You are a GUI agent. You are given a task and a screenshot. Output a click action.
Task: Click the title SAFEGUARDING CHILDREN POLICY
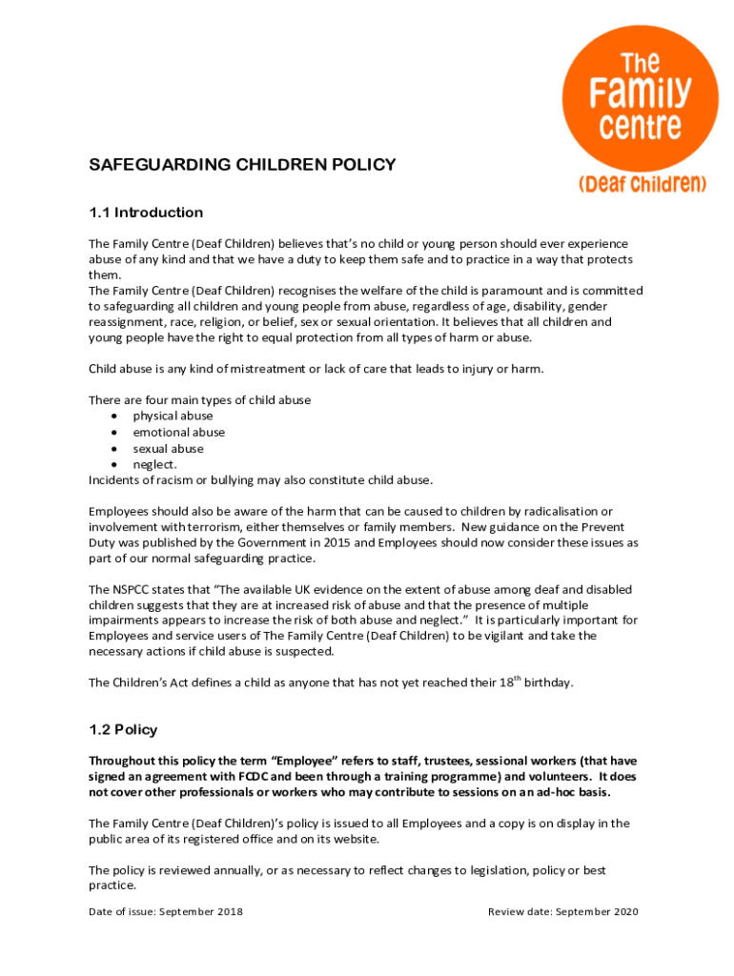[x=242, y=165]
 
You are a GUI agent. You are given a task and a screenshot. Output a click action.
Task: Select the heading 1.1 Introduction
[x=146, y=213]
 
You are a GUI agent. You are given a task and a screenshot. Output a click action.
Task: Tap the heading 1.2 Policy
[x=123, y=730]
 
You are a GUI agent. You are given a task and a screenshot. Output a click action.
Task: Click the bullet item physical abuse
[x=173, y=417]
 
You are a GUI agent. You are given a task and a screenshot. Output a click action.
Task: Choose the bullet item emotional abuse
[x=178, y=433]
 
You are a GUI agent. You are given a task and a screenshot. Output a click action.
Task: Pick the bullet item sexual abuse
[x=168, y=449]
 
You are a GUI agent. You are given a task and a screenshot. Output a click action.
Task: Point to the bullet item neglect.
[x=154, y=464]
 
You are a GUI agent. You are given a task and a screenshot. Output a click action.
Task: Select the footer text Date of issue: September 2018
[x=166, y=912]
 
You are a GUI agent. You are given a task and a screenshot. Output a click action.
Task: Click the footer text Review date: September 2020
[x=562, y=912]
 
